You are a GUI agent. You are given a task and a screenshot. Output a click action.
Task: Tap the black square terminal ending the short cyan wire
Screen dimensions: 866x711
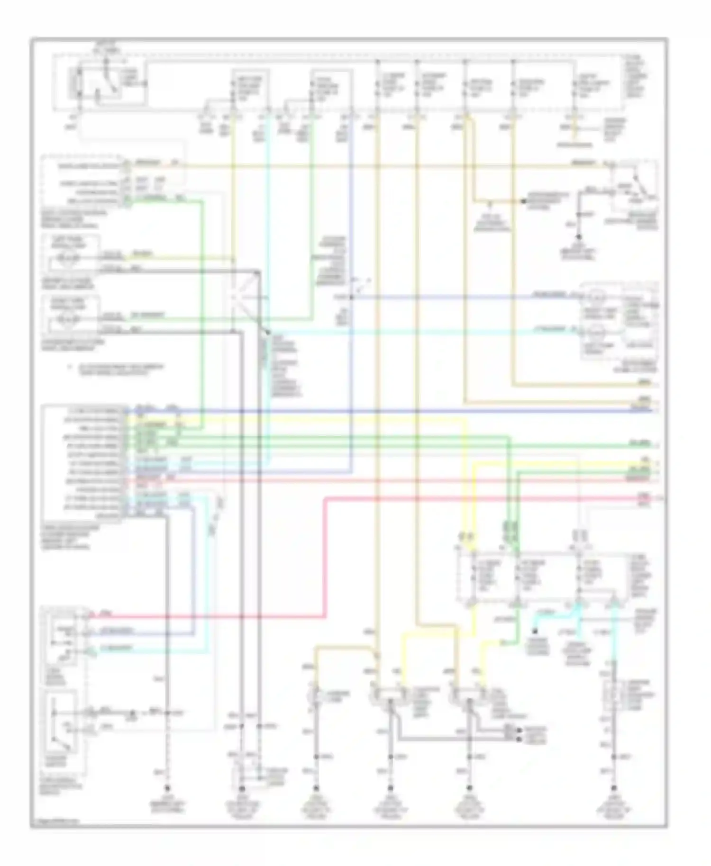535,631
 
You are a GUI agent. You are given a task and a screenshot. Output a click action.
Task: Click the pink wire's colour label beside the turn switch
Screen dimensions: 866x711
107,614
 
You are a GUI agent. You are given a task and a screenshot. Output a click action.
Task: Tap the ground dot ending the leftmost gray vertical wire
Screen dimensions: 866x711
167,789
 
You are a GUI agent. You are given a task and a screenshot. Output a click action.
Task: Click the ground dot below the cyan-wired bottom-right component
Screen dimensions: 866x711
615,788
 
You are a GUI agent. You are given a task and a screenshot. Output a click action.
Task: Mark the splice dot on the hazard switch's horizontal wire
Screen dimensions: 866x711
133,713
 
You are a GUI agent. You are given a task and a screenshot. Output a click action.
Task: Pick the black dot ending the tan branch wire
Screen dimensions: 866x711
524,201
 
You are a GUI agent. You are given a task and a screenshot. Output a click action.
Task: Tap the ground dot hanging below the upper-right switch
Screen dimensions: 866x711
579,237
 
